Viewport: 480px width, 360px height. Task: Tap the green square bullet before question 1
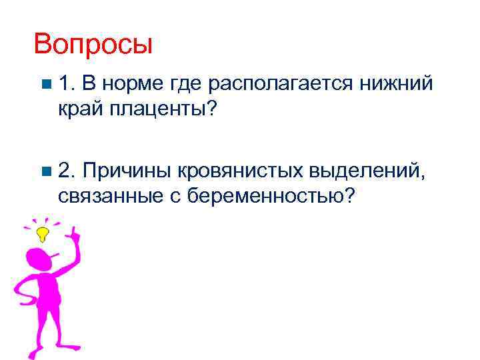point(45,85)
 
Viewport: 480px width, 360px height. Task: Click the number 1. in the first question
point(69,85)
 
